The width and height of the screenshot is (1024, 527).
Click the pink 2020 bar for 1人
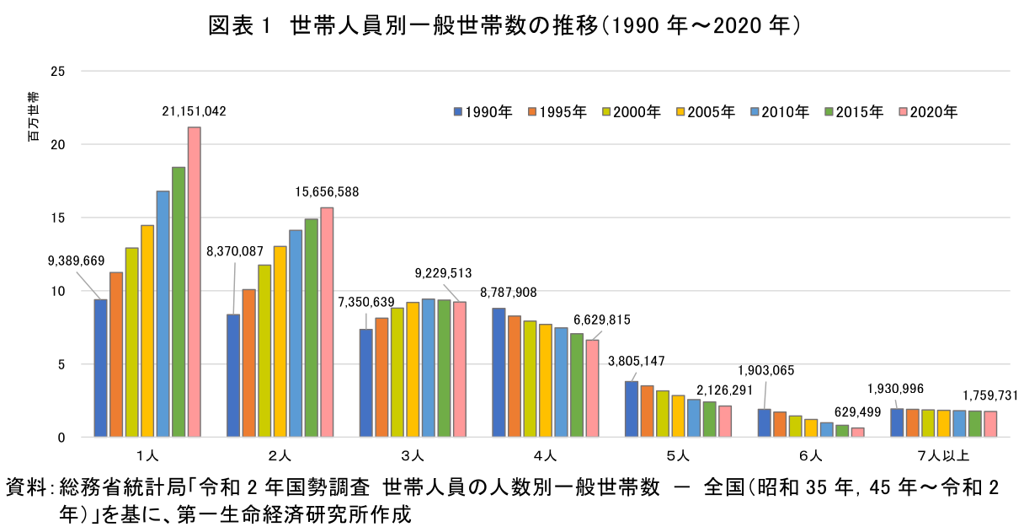click(x=194, y=282)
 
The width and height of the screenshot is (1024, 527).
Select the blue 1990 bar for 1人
click(x=100, y=368)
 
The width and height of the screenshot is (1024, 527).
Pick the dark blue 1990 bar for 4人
click(x=499, y=372)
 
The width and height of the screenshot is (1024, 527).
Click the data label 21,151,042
click(x=195, y=111)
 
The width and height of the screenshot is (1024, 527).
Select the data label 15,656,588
click(x=327, y=192)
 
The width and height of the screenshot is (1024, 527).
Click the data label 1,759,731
click(x=995, y=395)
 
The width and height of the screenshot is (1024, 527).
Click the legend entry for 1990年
click(x=483, y=111)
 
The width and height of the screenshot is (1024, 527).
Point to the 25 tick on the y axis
click(x=58, y=71)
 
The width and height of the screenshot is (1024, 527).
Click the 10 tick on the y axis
click(x=58, y=291)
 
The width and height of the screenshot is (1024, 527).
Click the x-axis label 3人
click(x=412, y=456)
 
